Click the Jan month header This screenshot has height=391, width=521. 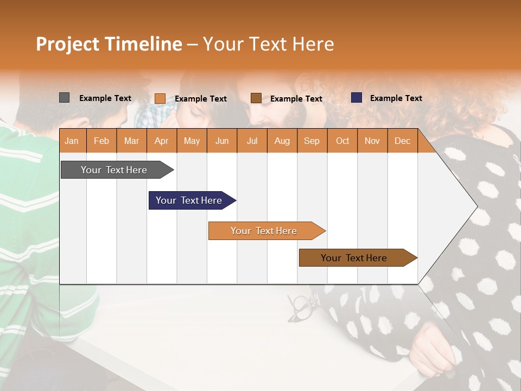tap(72, 141)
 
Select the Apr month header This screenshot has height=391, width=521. tap(161, 141)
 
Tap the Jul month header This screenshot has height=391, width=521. tap(252, 141)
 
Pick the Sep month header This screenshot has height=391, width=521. tap(312, 141)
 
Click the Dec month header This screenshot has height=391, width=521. tap(402, 141)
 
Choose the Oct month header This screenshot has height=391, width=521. tap(342, 141)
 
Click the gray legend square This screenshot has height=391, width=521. tap(64, 98)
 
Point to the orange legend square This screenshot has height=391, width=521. tap(160, 98)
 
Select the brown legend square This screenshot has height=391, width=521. tap(256, 98)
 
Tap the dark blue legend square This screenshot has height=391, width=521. tap(357, 98)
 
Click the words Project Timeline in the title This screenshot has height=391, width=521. tap(109, 44)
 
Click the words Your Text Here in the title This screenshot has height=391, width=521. tap(268, 44)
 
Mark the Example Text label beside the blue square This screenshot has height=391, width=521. tap(396, 98)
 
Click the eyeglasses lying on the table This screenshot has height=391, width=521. tap(300, 308)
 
